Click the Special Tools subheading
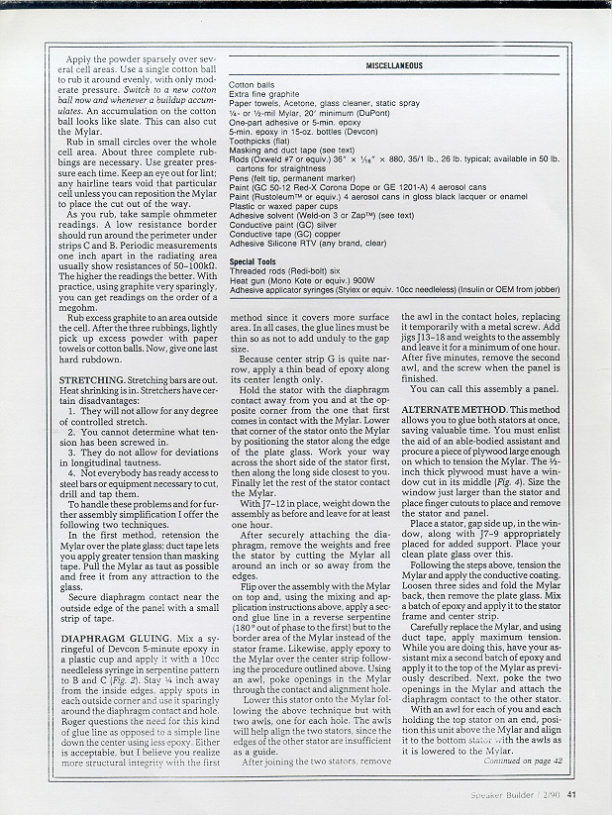[255, 261]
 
